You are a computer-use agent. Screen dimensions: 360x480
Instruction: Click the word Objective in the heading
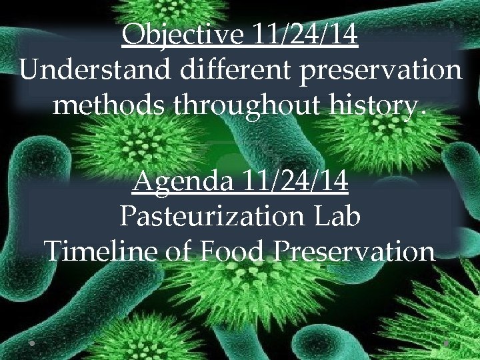pyautogui.click(x=183, y=35)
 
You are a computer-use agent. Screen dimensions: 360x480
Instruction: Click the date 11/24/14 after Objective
pyautogui.click(x=305, y=35)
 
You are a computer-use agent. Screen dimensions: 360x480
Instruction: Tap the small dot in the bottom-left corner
pyautogui.click(x=32, y=343)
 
